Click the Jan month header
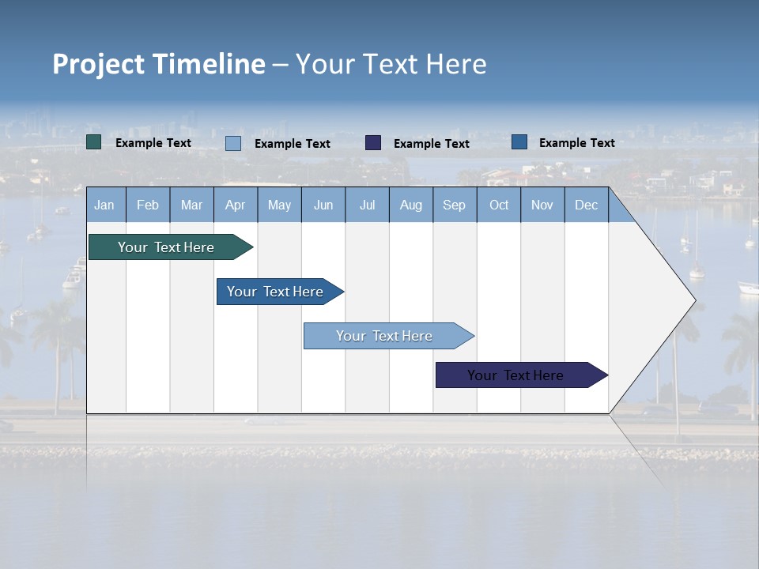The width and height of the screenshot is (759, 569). tap(104, 205)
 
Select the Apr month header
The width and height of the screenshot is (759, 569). tap(235, 205)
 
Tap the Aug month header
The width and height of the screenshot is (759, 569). tap(410, 205)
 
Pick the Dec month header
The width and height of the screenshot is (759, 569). tap(586, 205)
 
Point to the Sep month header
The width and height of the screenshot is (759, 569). tap(454, 205)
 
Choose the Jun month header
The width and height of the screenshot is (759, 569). tap(323, 205)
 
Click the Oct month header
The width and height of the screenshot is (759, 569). tap(498, 205)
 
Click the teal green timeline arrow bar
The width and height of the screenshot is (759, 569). tap(166, 247)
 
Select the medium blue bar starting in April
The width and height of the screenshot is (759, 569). tap(275, 292)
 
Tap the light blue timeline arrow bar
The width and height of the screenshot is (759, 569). tap(384, 336)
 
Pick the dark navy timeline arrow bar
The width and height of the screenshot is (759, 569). tap(515, 375)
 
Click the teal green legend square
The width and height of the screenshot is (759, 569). tap(94, 142)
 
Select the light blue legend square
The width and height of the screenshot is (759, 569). tap(233, 143)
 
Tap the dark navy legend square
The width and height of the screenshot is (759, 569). tap(373, 142)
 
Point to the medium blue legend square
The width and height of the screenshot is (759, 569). tap(519, 142)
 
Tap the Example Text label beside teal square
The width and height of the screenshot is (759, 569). tap(153, 143)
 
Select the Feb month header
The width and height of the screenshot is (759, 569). tap(148, 205)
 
